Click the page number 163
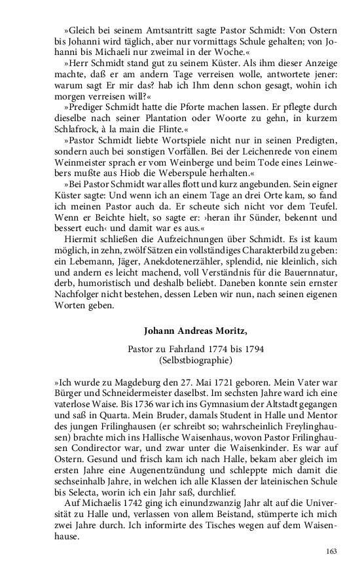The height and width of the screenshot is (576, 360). tap(331, 551)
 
